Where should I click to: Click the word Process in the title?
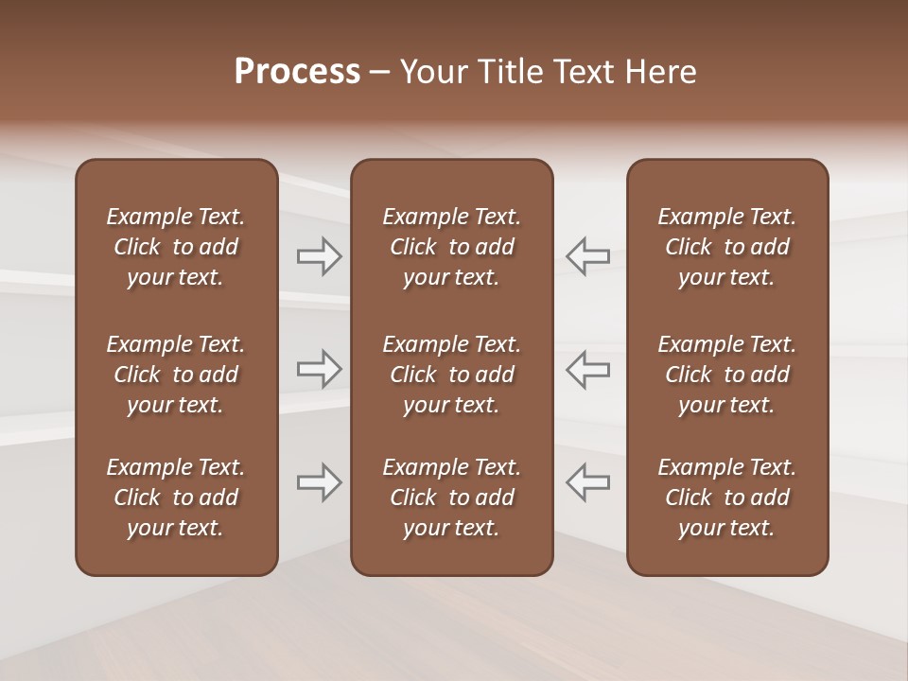coord(297,72)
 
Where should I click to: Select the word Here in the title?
coord(660,72)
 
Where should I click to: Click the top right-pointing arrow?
coord(320,256)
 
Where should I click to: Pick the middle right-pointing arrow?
coord(320,369)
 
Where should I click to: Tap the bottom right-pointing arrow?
coord(320,482)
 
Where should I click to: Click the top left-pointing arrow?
coord(587,256)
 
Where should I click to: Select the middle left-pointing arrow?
coord(587,369)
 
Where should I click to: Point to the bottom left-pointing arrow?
coord(587,482)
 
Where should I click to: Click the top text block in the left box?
coord(176,247)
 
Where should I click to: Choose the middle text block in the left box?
coord(176,375)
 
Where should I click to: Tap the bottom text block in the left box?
coord(176,498)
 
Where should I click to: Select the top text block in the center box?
coord(451,247)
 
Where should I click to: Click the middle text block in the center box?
coord(451,375)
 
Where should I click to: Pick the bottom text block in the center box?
coord(451,498)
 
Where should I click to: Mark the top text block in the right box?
coord(726,247)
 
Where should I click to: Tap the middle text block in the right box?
coord(726,375)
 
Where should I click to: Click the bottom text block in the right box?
coord(726,498)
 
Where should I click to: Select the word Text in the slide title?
coord(583,72)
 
